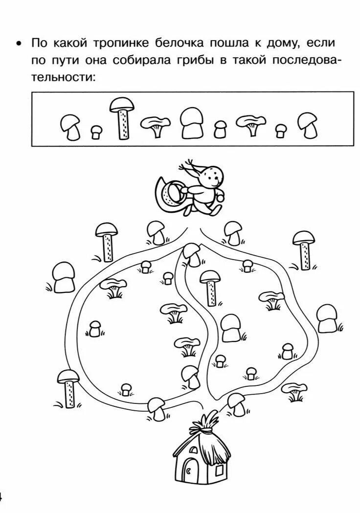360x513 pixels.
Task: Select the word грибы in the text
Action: point(215,61)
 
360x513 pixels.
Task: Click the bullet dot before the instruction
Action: point(19,44)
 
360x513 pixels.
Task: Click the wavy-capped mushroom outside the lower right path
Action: point(295,391)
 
